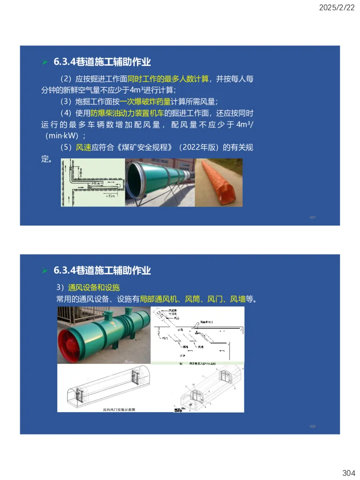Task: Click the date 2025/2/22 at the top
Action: pos(337,7)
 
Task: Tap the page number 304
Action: pos(348,473)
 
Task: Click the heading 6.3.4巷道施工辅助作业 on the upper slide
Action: pos(102,62)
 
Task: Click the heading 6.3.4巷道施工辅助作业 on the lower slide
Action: pos(102,270)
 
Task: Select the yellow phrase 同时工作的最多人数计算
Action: pos(168,79)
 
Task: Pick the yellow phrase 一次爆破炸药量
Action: pos(145,101)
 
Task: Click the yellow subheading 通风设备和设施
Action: pos(94,287)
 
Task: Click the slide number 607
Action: pos(312,217)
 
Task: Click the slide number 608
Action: pos(312,426)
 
